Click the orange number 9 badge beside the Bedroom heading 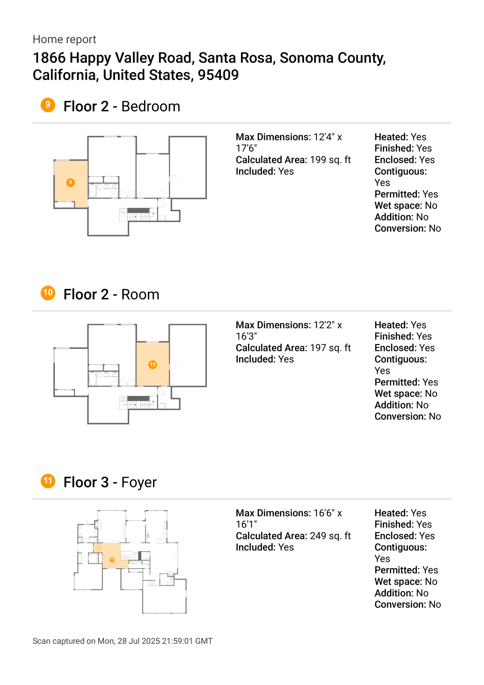click(x=48, y=105)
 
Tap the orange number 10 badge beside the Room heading click(x=48, y=293)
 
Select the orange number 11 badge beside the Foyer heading click(x=48, y=481)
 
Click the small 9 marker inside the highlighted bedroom click(x=70, y=183)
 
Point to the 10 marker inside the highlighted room click(x=153, y=364)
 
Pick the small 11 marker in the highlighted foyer click(x=112, y=560)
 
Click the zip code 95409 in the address click(x=218, y=75)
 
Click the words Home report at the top click(x=64, y=39)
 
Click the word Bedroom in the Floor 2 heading click(x=151, y=107)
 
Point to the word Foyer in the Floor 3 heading click(x=139, y=482)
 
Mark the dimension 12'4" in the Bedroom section click(x=324, y=137)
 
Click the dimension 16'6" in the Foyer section click(x=324, y=513)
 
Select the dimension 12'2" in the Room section click(x=324, y=325)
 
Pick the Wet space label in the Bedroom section click(x=398, y=206)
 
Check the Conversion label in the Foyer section click(x=400, y=604)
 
